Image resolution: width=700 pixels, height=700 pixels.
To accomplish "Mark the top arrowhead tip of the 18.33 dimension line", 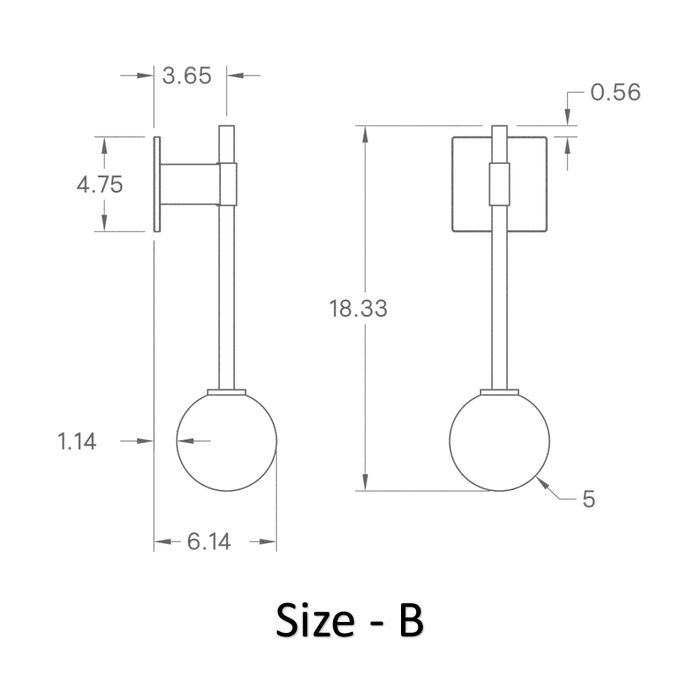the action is tap(365, 126).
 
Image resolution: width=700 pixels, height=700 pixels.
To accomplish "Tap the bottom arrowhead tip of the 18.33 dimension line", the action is tap(365, 491).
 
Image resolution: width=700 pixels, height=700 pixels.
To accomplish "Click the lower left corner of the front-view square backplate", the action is tap(452, 231).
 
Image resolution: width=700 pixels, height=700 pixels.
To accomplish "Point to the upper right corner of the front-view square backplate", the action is tap(547, 137).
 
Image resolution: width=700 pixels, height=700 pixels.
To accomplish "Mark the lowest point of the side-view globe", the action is tap(226, 491).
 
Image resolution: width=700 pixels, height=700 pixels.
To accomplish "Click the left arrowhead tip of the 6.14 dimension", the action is tap(155, 542).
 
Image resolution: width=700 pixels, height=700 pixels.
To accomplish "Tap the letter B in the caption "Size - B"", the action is tap(411, 621).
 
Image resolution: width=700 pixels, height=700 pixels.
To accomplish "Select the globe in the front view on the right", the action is tap(499, 441).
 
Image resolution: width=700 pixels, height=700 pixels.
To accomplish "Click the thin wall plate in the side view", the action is tap(157, 184).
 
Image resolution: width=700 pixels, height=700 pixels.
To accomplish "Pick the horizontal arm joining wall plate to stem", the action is tap(190, 184).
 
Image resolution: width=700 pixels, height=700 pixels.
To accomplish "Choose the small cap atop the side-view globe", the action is tap(226, 392).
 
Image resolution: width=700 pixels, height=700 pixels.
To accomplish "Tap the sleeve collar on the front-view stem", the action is tap(499, 184).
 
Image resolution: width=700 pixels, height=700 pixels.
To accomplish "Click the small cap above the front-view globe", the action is tap(499, 392).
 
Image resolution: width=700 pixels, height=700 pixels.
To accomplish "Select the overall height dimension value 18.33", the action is tap(358, 308).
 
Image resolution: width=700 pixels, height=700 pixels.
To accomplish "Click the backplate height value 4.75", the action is tap(100, 184).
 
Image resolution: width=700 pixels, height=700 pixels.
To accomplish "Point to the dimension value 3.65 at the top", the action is tap(187, 75).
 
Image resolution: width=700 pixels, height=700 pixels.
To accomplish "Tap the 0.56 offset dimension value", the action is tap(615, 92).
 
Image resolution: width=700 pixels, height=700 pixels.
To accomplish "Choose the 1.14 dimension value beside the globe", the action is tap(77, 441).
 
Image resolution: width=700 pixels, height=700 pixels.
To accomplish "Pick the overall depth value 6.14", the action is tap(209, 542).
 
